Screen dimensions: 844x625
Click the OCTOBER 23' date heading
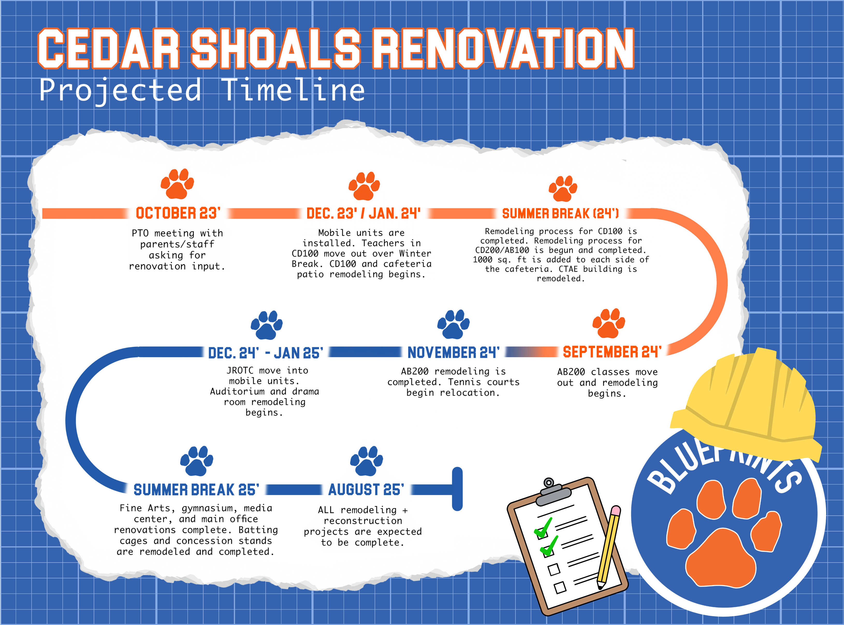178,213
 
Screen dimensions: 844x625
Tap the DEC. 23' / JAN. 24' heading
363,213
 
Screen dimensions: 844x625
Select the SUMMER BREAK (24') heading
561,213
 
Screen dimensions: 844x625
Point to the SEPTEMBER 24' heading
612,352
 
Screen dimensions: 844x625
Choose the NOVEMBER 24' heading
453,352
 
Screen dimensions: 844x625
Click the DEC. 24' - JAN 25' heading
266,353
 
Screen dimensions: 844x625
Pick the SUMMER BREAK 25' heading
196,489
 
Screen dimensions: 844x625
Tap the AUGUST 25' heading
366,489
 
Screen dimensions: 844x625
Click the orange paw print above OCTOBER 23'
177,184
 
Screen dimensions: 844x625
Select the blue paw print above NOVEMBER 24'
453,324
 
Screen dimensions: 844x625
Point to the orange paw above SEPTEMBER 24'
608,323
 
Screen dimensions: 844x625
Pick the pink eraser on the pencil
615,511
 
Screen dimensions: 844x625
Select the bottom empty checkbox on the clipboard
560,587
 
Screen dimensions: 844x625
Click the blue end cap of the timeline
457,489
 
